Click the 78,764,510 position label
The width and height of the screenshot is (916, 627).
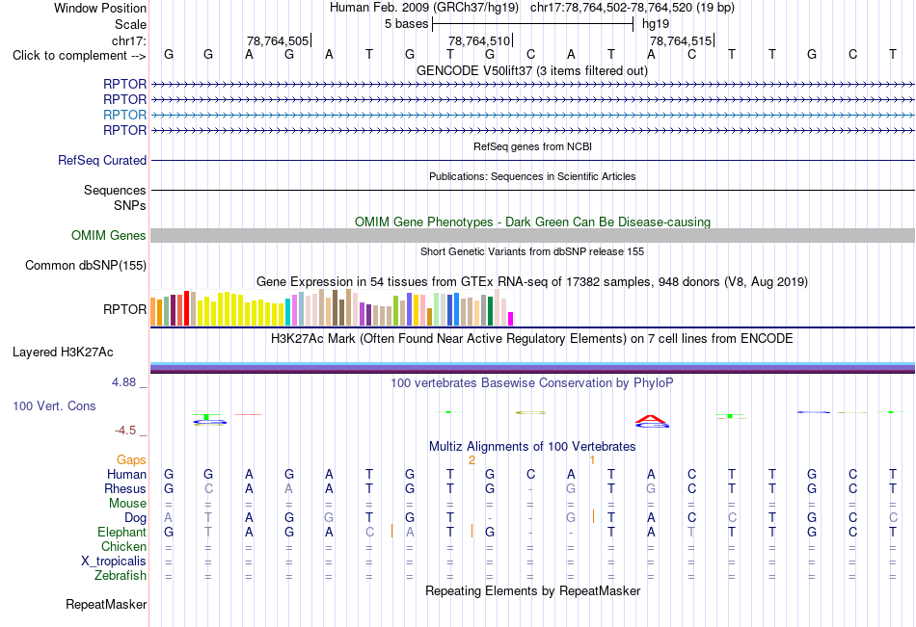point(479,40)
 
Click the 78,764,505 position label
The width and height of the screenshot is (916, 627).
point(278,40)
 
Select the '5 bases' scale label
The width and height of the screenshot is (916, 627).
point(406,24)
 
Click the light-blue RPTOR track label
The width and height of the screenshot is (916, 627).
point(124,115)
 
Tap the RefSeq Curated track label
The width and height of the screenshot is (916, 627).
point(102,160)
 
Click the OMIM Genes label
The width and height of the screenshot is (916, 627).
point(109,235)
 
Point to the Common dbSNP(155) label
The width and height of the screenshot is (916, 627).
point(86,266)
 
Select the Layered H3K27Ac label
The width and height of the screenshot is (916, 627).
point(63,353)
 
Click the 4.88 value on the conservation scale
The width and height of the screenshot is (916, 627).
point(123,382)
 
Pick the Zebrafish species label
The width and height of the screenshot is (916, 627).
point(121,576)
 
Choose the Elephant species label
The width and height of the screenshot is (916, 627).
point(122,533)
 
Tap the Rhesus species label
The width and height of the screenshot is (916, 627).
point(125,488)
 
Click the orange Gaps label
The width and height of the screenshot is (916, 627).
point(131,460)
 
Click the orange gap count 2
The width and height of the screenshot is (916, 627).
point(472,460)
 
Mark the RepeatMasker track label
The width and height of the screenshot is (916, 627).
point(106,604)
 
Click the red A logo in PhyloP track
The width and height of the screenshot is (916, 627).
point(651,419)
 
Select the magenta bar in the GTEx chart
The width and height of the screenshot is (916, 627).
point(511,319)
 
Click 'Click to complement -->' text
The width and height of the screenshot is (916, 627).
point(79,56)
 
